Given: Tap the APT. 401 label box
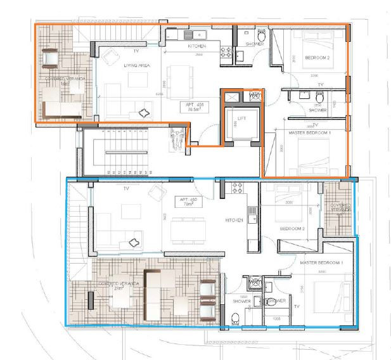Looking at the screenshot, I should [186, 106].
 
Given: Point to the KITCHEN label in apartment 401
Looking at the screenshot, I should [198, 47].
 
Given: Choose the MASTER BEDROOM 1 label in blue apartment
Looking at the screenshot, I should [322, 262].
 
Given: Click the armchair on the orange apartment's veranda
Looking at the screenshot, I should [49, 59].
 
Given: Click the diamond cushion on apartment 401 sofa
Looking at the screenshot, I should [145, 113].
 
